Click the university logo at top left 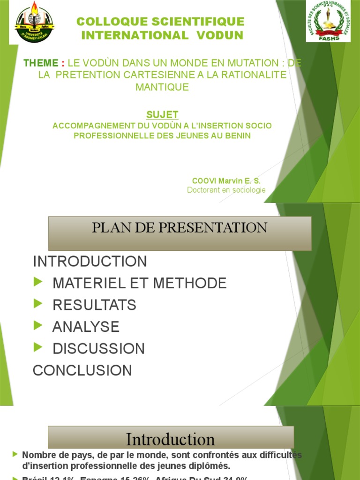pyautogui.click(x=34, y=22)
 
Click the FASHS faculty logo pyautogui.click(x=328, y=21)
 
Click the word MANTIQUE pyautogui.click(x=162, y=87)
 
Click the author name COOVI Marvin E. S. pyautogui.click(x=226, y=181)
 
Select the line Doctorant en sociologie pyautogui.click(x=226, y=190)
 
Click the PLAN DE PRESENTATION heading pyautogui.click(x=180, y=228)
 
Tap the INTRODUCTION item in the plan pyautogui.click(x=90, y=262)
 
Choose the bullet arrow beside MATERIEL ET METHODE pyautogui.click(x=38, y=282)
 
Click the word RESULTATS pyautogui.click(x=94, y=305)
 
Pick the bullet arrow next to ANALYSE pyautogui.click(x=38, y=326)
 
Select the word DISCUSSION pyautogui.click(x=98, y=349)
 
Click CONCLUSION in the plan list pyautogui.click(x=82, y=371)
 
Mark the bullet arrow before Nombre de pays pyautogui.click(x=16, y=454)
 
